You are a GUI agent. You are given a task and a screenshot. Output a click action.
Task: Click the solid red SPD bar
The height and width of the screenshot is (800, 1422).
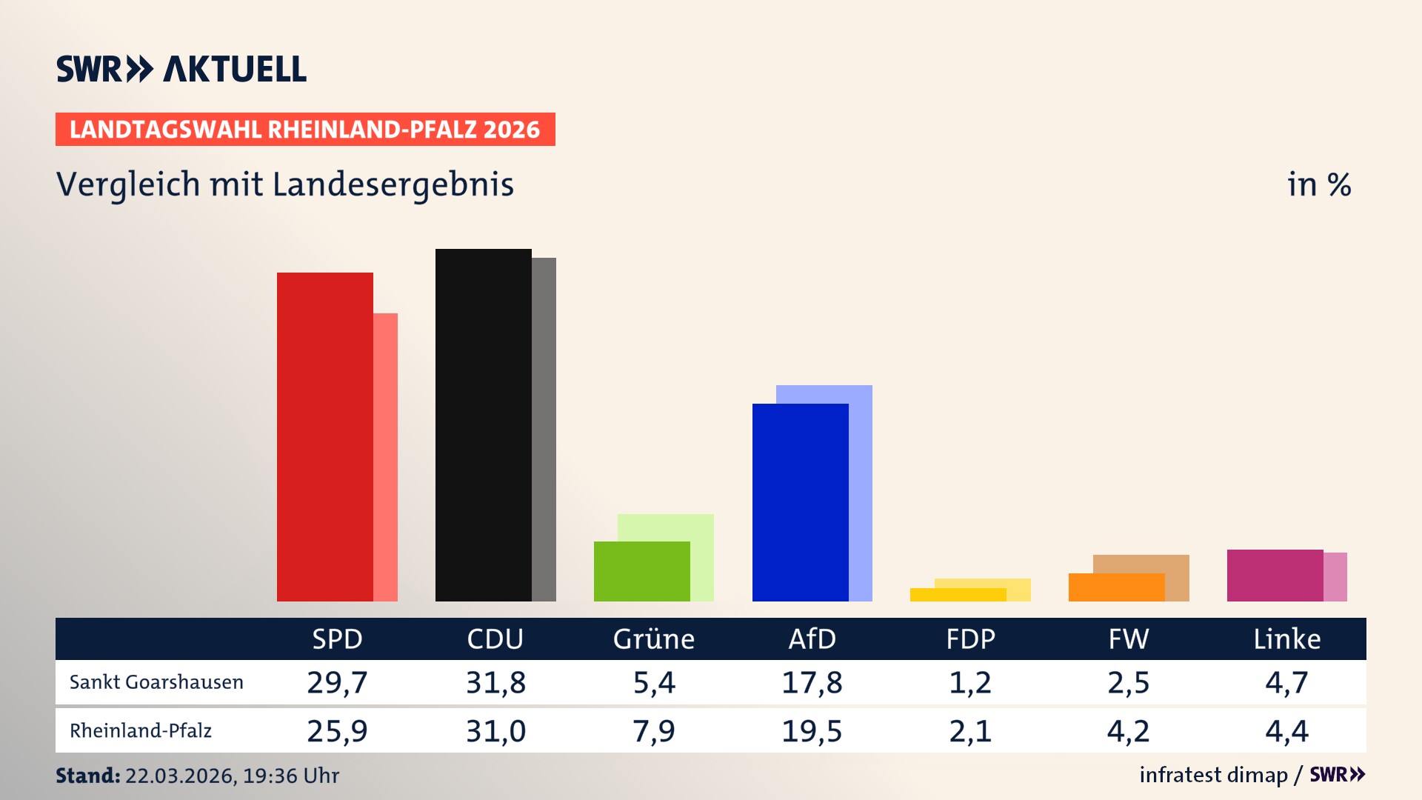(x=324, y=437)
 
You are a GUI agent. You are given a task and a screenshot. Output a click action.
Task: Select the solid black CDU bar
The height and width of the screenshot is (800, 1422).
(x=483, y=425)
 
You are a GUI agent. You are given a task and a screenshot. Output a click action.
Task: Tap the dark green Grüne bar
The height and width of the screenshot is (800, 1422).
(x=641, y=571)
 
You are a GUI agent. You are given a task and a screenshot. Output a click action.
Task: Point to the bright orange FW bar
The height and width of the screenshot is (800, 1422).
(x=1116, y=587)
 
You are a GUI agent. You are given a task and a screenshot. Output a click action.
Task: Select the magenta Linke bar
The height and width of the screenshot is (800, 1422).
(x=1275, y=576)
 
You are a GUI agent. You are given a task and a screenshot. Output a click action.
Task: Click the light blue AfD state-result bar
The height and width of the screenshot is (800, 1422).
(x=861, y=489)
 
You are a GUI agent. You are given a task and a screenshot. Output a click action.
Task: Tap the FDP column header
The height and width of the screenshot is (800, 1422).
(x=970, y=639)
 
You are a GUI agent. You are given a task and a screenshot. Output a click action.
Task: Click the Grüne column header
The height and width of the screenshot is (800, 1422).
(x=653, y=639)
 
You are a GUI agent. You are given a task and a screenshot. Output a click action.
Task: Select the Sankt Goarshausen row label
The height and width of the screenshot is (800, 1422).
(x=156, y=682)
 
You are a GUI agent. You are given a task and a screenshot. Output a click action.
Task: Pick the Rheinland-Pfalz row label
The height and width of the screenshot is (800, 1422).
(x=141, y=731)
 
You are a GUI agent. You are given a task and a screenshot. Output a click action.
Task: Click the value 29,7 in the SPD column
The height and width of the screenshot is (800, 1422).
(x=337, y=682)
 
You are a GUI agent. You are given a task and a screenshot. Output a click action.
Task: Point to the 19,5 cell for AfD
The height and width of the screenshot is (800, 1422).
(x=812, y=731)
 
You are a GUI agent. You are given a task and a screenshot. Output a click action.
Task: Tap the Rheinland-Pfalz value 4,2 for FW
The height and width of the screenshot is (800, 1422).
(x=1128, y=731)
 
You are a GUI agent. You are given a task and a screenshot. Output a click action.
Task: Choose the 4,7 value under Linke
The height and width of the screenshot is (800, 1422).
(x=1286, y=682)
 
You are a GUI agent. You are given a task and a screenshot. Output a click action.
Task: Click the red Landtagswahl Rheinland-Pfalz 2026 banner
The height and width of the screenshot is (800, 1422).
(x=305, y=130)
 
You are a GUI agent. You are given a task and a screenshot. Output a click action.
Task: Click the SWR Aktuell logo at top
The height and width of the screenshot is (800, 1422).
(x=181, y=69)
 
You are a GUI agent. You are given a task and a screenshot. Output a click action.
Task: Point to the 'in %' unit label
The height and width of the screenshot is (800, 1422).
(x=1318, y=185)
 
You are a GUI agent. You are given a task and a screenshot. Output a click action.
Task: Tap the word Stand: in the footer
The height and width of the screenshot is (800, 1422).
(x=87, y=776)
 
